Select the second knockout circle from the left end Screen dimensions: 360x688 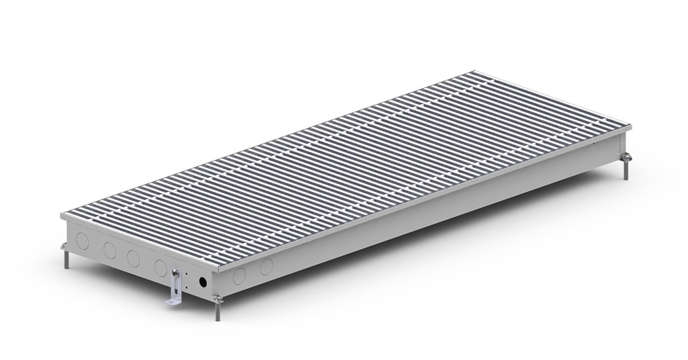(x=110, y=250)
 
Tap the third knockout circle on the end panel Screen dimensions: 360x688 (x=133, y=258)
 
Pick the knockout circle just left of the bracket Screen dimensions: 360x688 (x=161, y=267)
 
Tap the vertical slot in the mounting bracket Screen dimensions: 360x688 (x=176, y=289)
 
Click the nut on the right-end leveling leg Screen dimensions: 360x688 (x=626, y=158)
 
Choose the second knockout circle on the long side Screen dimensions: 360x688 (x=267, y=266)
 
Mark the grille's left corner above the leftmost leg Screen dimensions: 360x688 (x=61, y=215)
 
